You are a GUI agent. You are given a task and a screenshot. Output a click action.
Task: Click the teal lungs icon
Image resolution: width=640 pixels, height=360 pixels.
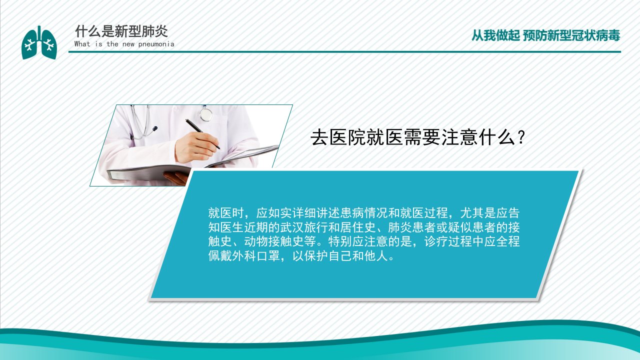39,43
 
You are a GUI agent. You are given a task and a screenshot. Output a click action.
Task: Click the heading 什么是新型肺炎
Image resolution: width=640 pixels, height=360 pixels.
121,31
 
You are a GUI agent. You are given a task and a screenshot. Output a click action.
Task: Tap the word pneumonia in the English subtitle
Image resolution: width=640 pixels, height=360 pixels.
156,44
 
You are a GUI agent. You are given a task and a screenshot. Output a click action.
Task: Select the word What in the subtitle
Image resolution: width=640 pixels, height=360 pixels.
82,43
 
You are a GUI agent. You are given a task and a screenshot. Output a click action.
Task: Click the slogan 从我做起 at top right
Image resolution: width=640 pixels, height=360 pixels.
495,35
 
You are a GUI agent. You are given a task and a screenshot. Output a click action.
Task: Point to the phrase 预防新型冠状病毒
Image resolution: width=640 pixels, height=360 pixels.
571,35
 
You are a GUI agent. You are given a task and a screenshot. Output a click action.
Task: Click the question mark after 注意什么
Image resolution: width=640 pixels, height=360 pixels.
521,137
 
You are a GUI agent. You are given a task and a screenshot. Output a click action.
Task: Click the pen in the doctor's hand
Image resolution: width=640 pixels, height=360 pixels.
202,134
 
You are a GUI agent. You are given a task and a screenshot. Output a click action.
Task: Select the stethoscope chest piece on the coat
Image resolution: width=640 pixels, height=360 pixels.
206,114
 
